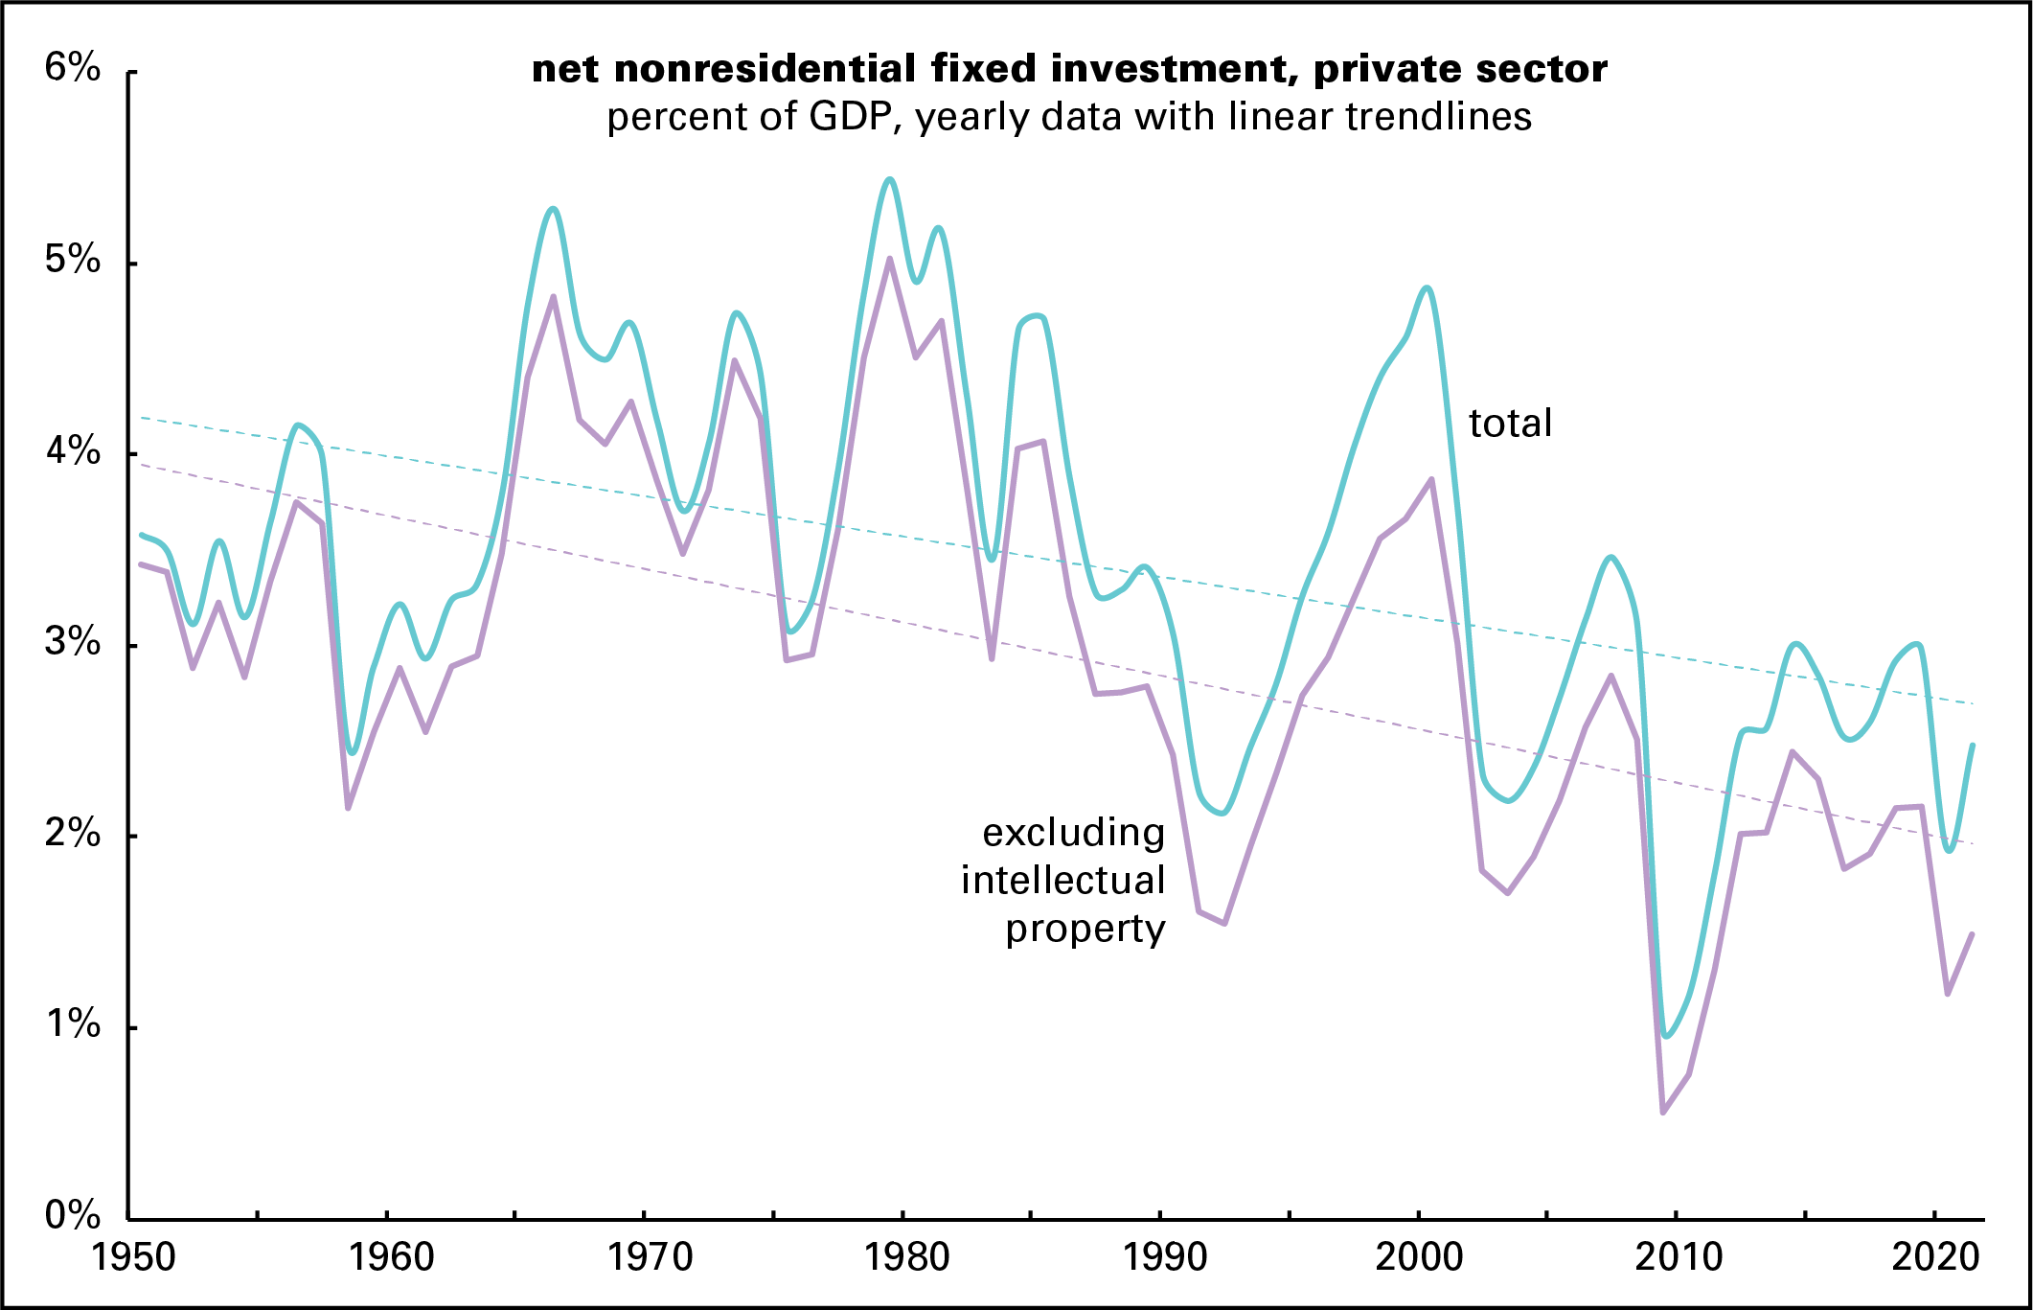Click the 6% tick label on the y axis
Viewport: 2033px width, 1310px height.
coord(72,68)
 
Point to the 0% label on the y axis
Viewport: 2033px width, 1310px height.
coord(72,1215)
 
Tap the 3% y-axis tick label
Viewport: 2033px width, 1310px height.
coord(72,642)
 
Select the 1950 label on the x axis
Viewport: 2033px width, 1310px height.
coord(133,1257)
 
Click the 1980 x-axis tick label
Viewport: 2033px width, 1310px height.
coord(906,1257)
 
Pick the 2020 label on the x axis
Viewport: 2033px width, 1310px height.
coord(1935,1257)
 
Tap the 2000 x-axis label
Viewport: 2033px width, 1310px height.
coord(1419,1257)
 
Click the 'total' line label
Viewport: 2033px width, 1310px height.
coord(1510,424)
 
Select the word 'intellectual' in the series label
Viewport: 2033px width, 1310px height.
coord(1062,881)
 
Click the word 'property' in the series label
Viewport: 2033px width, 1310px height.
coord(1085,930)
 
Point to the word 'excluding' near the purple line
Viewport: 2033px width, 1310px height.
coord(1073,833)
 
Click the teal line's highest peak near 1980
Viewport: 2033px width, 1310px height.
coord(890,179)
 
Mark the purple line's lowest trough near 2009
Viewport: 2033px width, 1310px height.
coord(1663,1113)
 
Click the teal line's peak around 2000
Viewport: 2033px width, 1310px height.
coord(1428,287)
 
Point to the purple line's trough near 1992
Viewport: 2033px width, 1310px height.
coord(1224,923)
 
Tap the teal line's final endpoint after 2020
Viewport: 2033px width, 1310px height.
coord(1973,746)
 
